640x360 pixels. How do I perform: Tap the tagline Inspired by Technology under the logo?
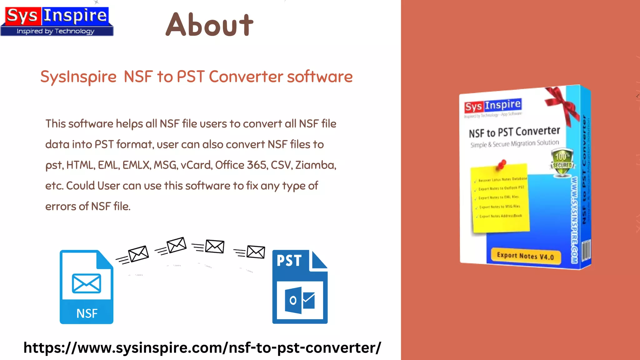[x=55, y=31]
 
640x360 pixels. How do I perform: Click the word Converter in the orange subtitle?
[x=246, y=77]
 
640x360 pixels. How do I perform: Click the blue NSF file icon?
[x=86, y=287]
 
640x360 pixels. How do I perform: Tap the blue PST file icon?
[x=300, y=287]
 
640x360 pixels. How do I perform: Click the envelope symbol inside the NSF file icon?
[x=86, y=283]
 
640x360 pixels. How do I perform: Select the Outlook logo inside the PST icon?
[x=299, y=300]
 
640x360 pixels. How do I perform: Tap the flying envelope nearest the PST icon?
[x=256, y=252]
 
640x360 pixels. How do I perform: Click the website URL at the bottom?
[x=202, y=348]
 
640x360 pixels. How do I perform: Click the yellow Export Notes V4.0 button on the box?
[x=526, y=256]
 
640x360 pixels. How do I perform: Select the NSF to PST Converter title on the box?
[x=514, y=132]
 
